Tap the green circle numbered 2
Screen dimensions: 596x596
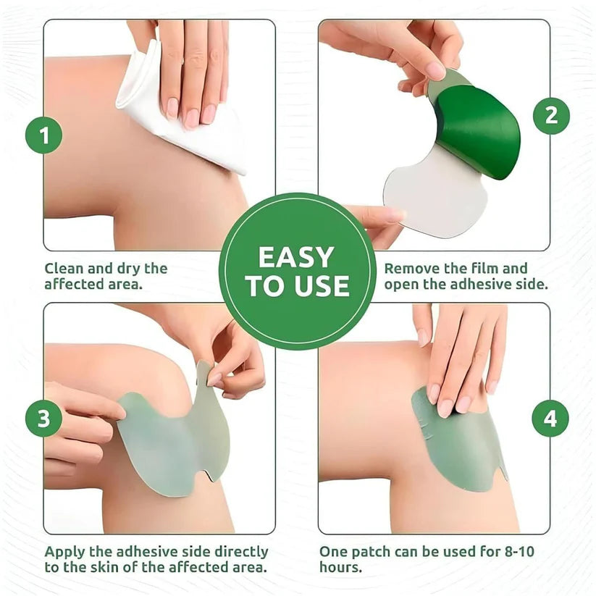[x=551, y=116]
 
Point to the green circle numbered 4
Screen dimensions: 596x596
[x=551, y=419]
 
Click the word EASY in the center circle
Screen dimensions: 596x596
[x=297, y=257]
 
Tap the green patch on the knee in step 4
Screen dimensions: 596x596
[x=456, y=442]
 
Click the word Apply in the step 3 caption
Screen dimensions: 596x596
[x=64, y=552]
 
